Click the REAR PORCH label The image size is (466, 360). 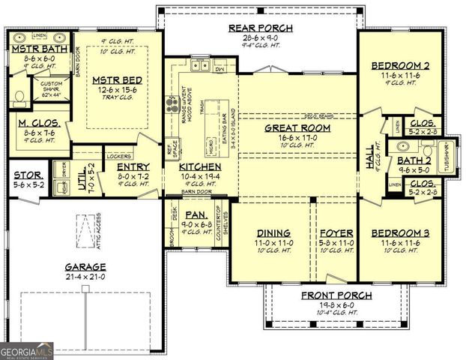(260, 28)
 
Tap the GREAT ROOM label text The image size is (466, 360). (297, 127)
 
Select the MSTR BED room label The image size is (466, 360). (112, 78)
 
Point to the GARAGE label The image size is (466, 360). (84, 266)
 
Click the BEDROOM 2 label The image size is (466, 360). (400, 66)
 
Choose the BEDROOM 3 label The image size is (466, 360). (400, 232)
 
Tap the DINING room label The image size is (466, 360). (273, 232)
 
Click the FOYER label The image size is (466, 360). (330, 232)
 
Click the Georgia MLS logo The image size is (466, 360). (26, 349)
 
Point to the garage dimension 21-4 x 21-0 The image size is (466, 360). (84, 277)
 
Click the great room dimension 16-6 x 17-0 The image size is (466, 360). (297, 137)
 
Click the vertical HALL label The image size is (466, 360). (369, 160)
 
